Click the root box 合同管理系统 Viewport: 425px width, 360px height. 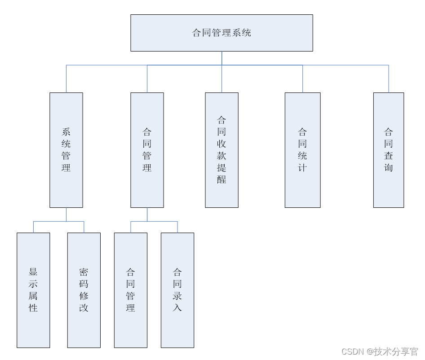coord(221,33)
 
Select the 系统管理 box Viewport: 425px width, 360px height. coord(66,150)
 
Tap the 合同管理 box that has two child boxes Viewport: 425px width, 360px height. coord(147,150)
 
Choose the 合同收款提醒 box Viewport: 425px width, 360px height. coord(221,150)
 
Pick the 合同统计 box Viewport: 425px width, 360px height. coord(302,150)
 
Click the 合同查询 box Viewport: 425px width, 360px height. coord(388,150)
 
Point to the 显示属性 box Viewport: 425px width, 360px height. coord(33,290)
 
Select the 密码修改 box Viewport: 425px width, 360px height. coord(84,290)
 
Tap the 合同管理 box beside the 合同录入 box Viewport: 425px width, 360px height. coord(131,290)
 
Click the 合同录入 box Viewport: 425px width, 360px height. coord(177,290)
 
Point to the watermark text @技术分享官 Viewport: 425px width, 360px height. coord(392,351)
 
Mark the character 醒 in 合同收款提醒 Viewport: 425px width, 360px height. coord(221,180)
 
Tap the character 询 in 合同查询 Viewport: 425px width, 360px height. coord(388,168)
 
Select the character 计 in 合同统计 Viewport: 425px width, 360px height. coord(302,168)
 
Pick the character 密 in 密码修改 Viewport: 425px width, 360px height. coord(84,272)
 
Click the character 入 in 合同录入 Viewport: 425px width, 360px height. coord(177,308)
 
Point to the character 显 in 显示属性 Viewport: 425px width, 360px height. coord(33,272)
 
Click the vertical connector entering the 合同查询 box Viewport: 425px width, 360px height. coord(389,79)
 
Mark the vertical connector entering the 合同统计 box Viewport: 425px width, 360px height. coord(302,79)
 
